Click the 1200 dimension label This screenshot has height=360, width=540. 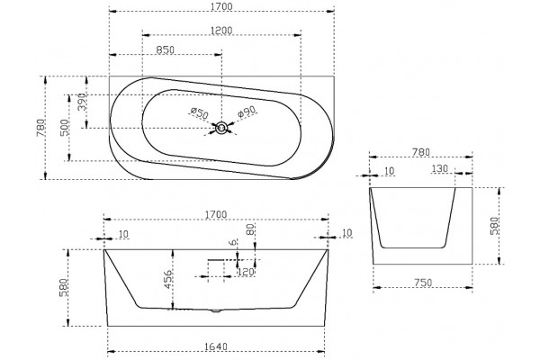pos(221,31)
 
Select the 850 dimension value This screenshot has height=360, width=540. pos(166,50)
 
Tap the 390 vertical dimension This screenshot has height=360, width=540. pos(82,102)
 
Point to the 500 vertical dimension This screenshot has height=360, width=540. pos(65,128)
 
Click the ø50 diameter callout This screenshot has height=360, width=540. pos(199,113)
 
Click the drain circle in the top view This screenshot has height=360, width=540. pos(221,128)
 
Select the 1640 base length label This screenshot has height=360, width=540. pos(216,346)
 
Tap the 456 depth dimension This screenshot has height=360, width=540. pos(167,280)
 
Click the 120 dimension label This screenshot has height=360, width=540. pos(246,272)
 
